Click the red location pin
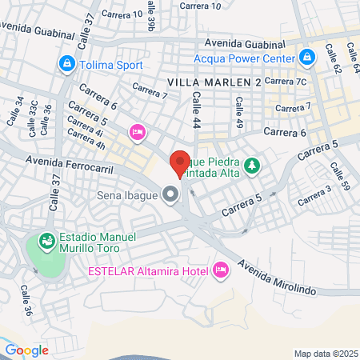click(180, 163)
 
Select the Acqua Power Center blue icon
click(306, 57)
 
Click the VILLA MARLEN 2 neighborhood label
click(214, 82)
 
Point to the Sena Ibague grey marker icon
click(170, 194)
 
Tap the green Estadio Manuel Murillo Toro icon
click(46, 238)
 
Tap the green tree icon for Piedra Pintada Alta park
click(253, 165)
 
